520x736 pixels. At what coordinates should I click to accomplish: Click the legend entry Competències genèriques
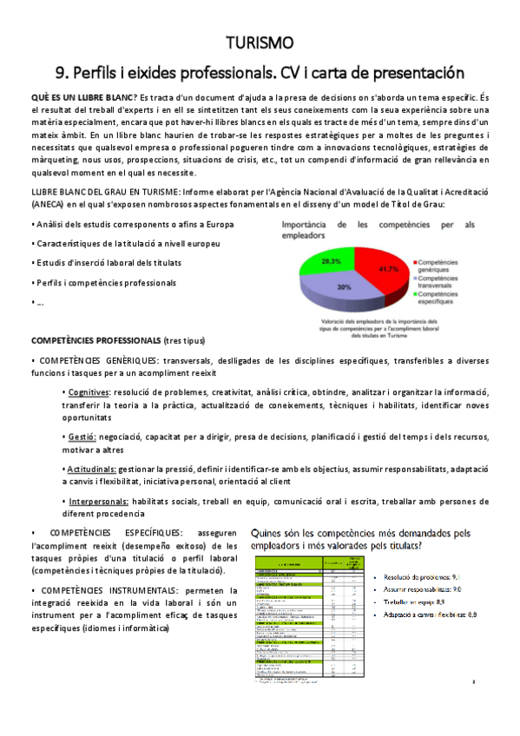(445, 265)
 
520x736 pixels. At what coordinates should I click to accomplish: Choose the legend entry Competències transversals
(445, 281)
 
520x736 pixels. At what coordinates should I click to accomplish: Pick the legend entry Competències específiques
(445, 298)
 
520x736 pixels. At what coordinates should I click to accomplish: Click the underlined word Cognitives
(90, 392)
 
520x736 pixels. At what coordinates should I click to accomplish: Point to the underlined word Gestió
(81, 437)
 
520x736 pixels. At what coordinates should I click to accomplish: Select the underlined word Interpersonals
(98, 502)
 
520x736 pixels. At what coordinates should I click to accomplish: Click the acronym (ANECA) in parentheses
(50, 205)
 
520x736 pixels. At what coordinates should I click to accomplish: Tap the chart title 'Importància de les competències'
(378, 229)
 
